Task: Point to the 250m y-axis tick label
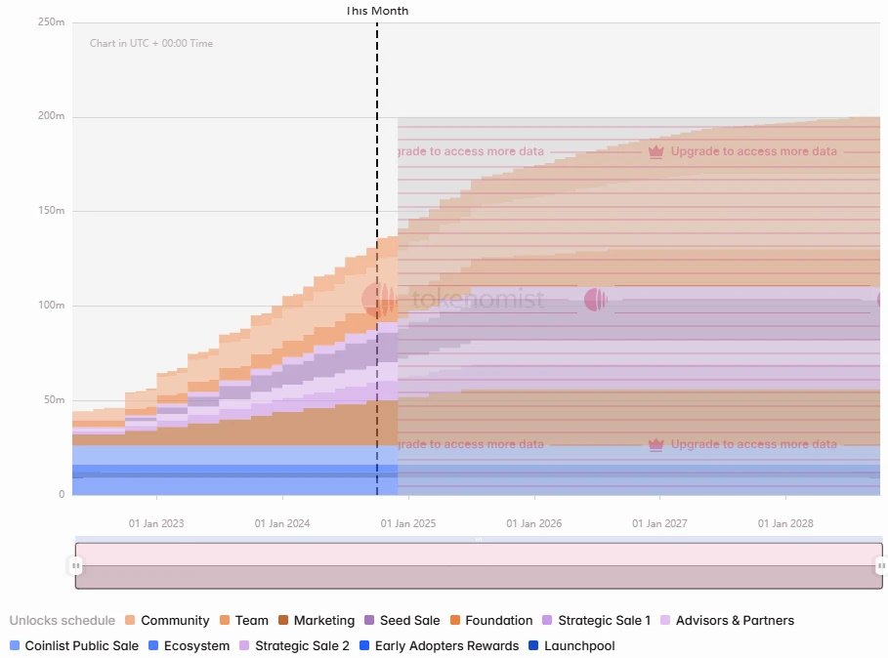[x=51, y=22]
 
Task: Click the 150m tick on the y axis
[x=51, y=211]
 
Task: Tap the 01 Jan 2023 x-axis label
[x=156, y=524]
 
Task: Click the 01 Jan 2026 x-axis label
[x=534, y=524]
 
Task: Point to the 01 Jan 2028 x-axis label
[x=785, y=524]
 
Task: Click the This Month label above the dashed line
[x=377, y=11]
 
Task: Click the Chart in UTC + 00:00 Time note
[x=151, y=43]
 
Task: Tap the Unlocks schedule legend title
[x=62, y=620]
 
